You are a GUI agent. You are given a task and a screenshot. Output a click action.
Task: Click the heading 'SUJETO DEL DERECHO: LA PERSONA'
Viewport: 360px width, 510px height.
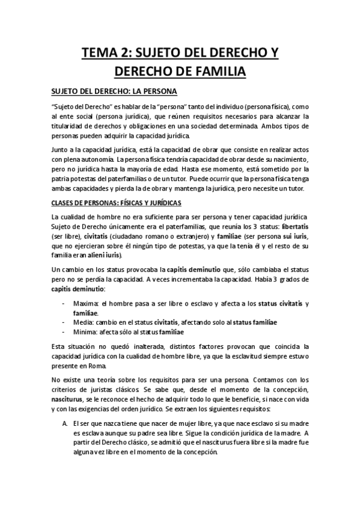[112, 93]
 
